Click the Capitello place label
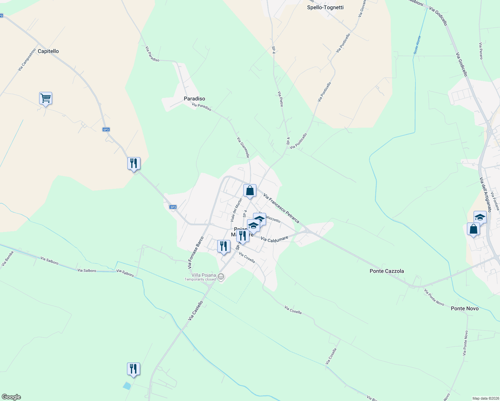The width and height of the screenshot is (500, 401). coord(48,51)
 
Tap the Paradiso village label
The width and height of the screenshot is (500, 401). coord(194,99)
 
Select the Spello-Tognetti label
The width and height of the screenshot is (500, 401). coord(325,7)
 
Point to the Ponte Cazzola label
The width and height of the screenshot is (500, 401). coord(386,271)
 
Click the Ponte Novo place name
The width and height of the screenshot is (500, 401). coord(464,308)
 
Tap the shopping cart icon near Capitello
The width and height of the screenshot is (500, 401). coord(45,99)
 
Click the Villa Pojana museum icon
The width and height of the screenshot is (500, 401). coord(221,277)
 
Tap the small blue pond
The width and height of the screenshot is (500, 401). coord(127,386)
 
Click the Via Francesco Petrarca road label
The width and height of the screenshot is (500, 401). coord(281,208)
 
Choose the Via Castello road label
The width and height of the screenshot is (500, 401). coord(195,311)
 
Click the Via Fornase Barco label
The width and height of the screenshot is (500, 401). coord(196,253)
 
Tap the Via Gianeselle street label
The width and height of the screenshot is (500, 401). coord(243,147)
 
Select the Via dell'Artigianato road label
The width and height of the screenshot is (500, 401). coord(485,194)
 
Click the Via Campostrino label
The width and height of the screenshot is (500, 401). coord(27,59)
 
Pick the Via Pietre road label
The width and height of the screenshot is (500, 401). coord(280,99)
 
